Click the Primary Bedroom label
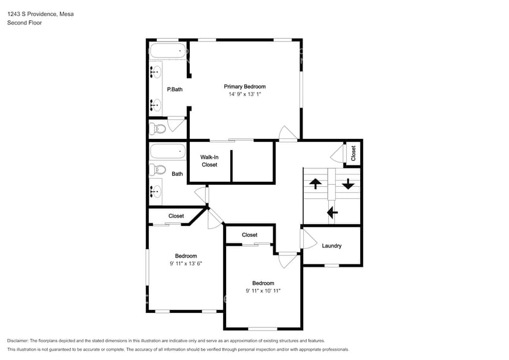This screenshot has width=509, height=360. (245, 86)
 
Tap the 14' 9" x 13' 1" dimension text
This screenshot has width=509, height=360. (245, 94)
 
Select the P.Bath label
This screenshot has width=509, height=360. (175, 89)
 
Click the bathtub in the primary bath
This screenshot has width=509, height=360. (167, 51)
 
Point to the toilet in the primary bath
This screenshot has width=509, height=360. (158, 129)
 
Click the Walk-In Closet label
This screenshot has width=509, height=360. (209, 161)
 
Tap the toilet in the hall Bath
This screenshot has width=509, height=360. (158, 170)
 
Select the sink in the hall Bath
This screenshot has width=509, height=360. (156, 192)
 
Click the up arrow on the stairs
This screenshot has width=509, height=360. (315, 184)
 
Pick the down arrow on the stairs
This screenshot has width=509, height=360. (348, 184)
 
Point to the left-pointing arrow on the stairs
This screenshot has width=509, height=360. (332, 213)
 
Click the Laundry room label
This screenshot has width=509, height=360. (331, 246)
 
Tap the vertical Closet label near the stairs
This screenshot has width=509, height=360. (353, 153)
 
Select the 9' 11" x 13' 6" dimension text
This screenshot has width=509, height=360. (186, 264)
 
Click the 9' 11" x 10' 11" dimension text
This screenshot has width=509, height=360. (263, 291)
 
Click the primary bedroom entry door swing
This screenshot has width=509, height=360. (288, 133)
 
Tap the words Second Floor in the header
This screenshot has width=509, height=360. (25, 23)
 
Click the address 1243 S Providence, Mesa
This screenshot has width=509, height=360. (40, 14)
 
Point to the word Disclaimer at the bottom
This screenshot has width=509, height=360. (18, 341)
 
